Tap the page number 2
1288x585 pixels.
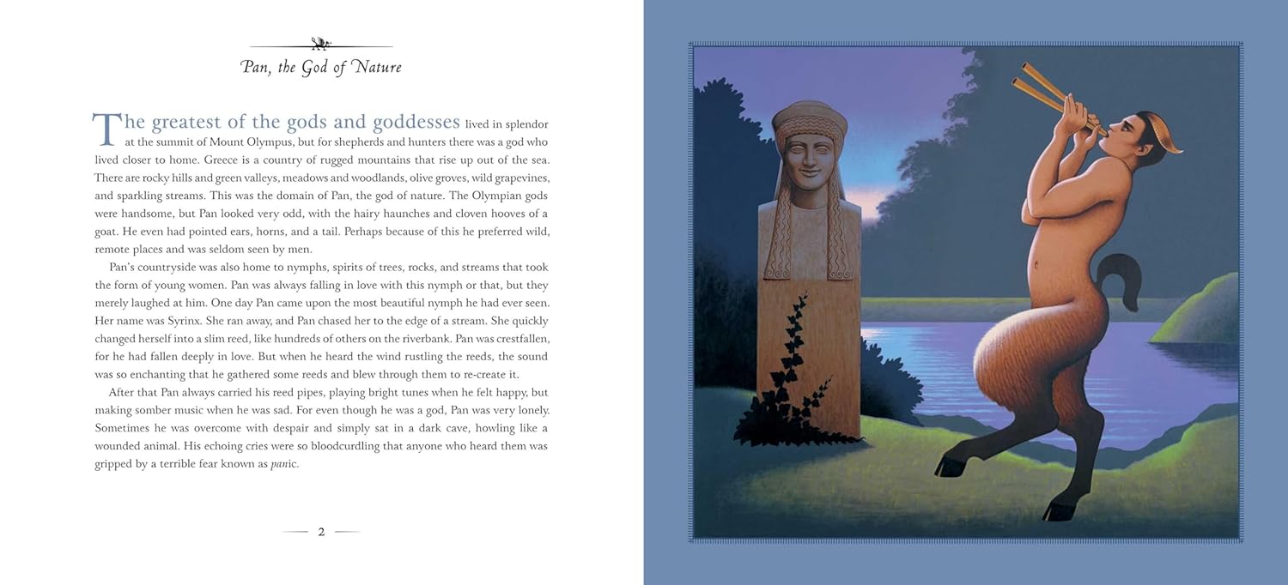click(321, 532)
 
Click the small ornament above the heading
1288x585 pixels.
click(321, 43)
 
